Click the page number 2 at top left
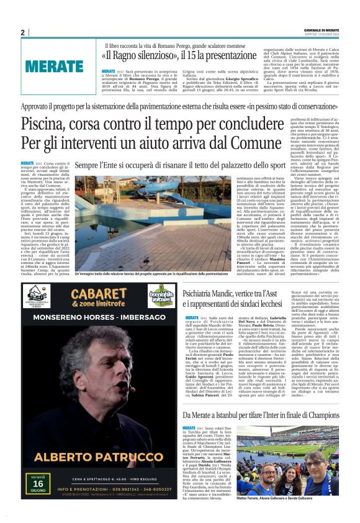pyautogui.click(x=23, y=33)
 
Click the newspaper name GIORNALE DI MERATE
pyautogui.click(x=322, y=29)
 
